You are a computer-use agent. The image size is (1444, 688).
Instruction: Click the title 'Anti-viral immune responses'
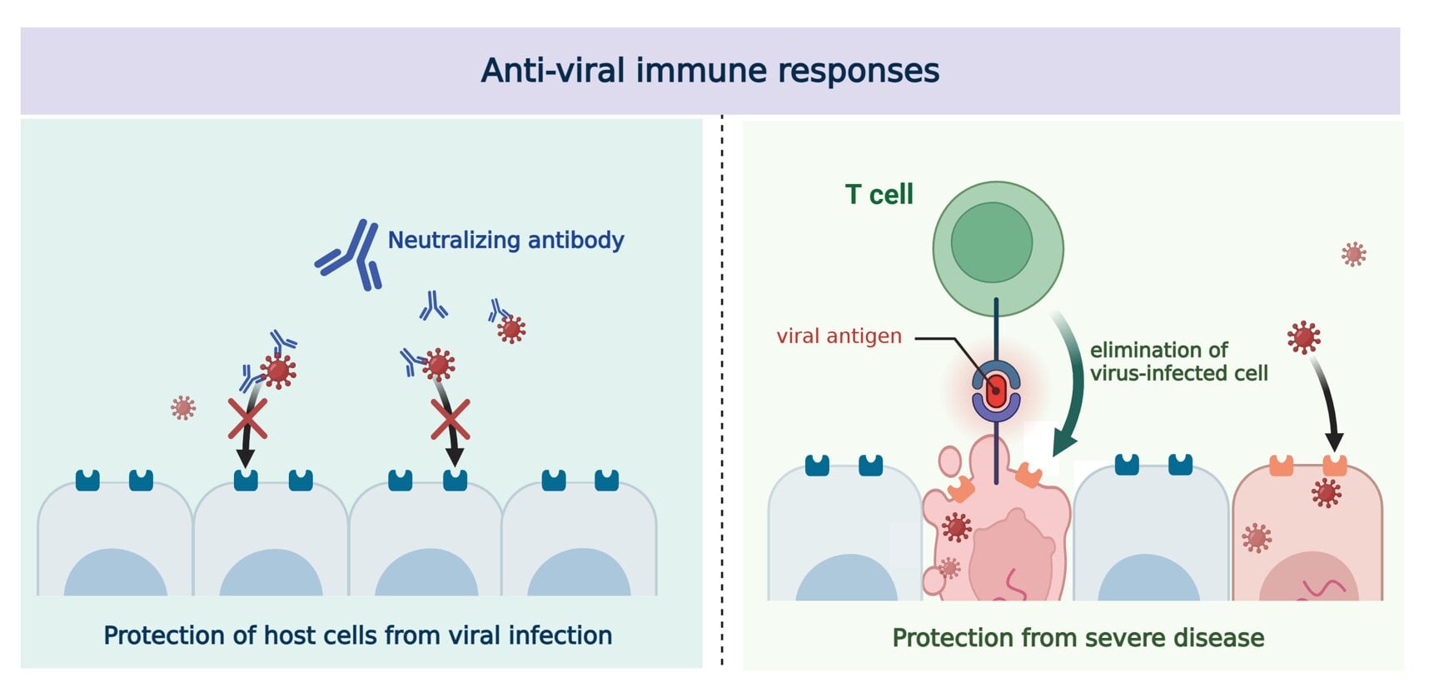tap(710, 71)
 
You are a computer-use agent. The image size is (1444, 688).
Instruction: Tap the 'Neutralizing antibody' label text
tap(505, 240)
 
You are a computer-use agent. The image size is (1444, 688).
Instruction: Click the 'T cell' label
tap(879, 194)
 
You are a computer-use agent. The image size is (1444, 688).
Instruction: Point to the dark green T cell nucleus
tap(991, 242)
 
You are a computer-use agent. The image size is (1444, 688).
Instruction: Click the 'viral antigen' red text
tap(839, 336)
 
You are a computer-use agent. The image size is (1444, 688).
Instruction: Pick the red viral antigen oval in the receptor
tap(996, 389)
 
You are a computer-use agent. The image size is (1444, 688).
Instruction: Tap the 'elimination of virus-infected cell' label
tap(1178, 361)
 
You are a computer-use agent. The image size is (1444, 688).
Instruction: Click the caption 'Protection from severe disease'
tap(1078, 638)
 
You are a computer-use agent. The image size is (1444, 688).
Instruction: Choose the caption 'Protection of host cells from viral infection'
tap(357, 636)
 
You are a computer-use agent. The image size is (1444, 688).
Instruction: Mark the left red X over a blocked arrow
tap(247, 418)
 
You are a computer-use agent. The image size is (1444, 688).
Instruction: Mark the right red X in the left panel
tap(451, 419)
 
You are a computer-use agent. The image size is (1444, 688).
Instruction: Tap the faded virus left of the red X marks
tap(183, 407)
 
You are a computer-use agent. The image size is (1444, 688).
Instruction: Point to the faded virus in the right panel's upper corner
tap(1353, 254)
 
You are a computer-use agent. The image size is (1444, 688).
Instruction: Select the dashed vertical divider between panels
tap(722, 391)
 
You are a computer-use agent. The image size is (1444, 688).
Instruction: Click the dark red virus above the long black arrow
tap(1303, 337)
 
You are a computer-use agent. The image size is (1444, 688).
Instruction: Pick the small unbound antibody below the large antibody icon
tap(433, 307)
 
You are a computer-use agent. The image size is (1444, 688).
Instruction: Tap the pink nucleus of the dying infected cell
tap(1012, 554)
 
